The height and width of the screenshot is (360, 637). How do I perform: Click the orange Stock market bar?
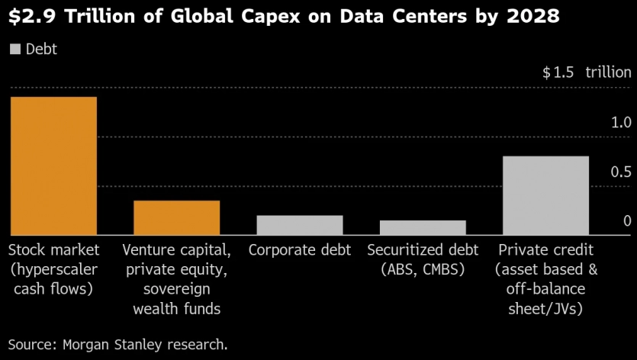click(x=53, y=166)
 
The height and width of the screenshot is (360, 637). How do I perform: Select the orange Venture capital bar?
click(x=176, y=217)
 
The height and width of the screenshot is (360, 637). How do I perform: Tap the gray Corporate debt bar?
click(x=299, y=225)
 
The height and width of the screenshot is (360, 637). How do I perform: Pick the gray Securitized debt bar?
click(x=423, y=227)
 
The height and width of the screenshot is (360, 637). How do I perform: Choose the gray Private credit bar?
click(x=545, y=195)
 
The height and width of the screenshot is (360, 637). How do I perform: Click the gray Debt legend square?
click(x=15, y=50)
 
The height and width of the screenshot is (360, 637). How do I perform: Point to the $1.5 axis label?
click(x=558, y=72)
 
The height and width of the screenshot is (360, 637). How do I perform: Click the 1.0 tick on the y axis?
click(x=621, y=122)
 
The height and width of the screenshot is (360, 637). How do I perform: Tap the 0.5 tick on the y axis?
click(x=621, y=172)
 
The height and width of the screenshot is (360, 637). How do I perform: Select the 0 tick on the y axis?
click(x=627, y=221)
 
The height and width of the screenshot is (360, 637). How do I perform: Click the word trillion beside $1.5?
click(x=608, y=72)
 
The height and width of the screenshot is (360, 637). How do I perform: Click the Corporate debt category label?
click(x=300, y=250)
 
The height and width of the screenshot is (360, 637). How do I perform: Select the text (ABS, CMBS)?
click(x=423, y=269)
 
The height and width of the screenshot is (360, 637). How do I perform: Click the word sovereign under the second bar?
click(x=177, y=289)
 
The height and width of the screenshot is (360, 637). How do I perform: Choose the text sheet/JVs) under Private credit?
click(x=545, y=309)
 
